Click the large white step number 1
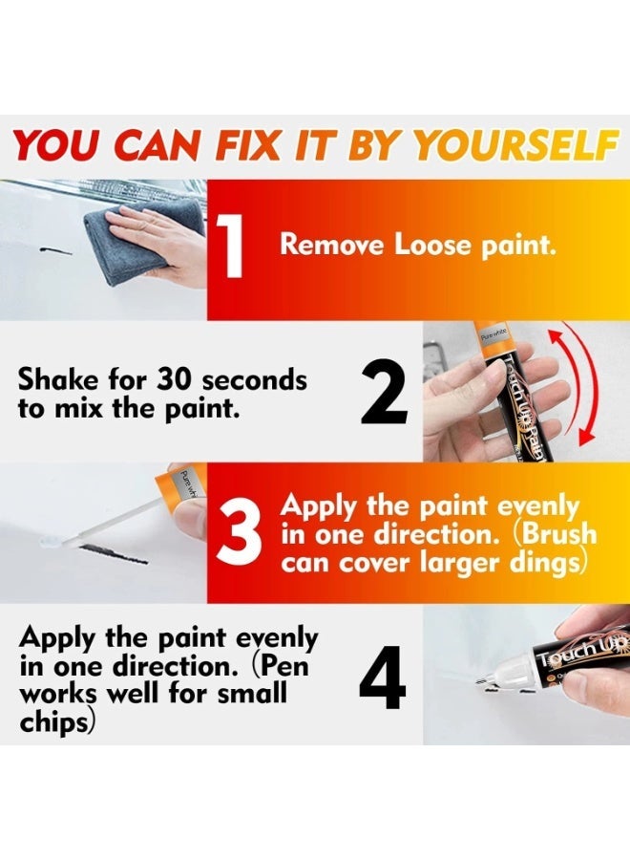pos(231,246)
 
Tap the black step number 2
pos(384,392)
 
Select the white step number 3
pos(240,533)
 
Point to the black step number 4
pos(383,676)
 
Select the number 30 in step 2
pos(175,379)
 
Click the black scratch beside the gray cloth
pos(56,252)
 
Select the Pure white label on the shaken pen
pos(493,334)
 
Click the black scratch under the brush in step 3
pos(114,554)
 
